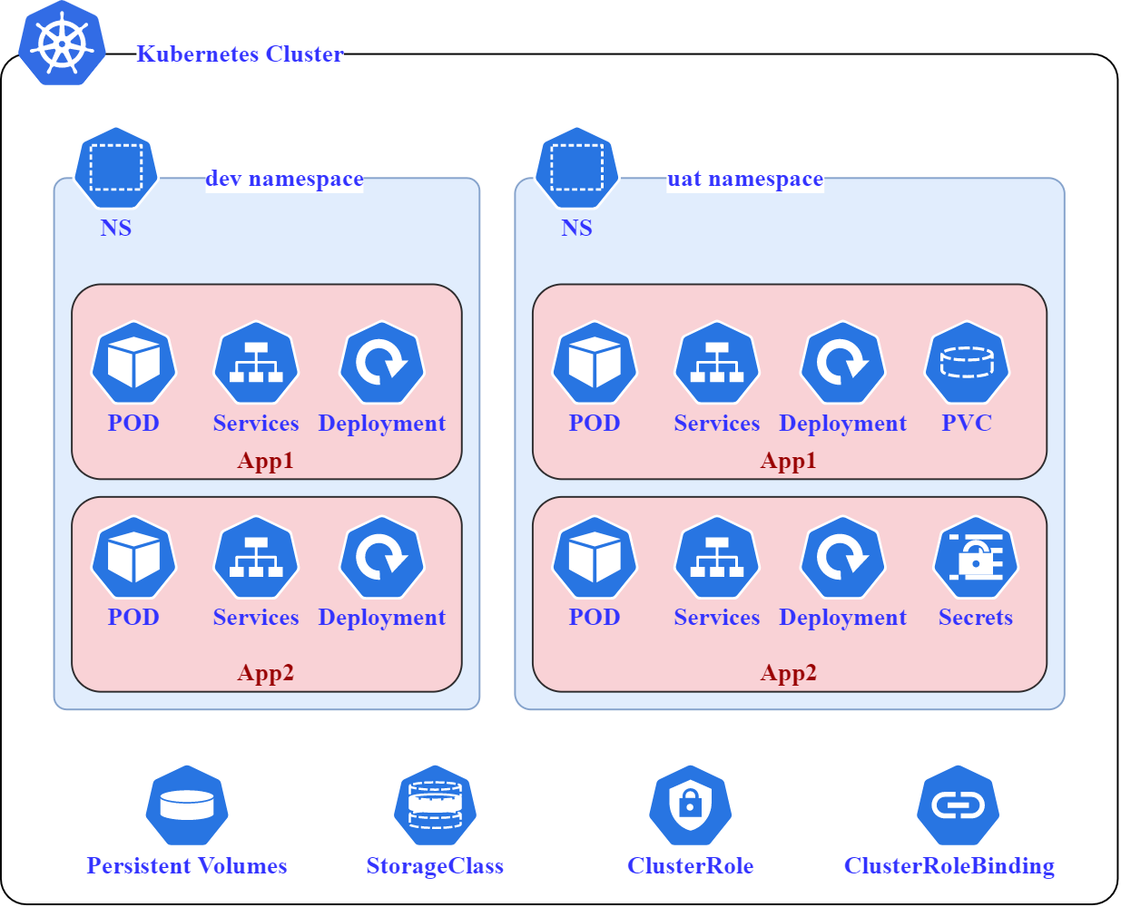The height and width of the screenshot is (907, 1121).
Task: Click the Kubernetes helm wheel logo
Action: pos(62,44)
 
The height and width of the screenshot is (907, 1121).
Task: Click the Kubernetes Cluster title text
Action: pos(240,54)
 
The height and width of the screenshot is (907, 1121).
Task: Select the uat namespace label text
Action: pos(744,179)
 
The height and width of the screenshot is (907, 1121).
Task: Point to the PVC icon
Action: pos(967,363)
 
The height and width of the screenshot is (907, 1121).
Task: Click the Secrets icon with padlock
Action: pos(976,558)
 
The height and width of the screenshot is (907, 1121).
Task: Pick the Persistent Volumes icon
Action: pos(187,805)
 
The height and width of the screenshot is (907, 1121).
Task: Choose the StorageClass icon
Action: pos(435,805)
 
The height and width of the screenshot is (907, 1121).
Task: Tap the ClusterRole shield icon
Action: pos(690,805)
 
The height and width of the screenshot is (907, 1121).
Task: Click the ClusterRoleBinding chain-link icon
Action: pos(958,805)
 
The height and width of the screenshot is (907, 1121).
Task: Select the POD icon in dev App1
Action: pos(133,363)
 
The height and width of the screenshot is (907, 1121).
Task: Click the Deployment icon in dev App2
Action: pos(382,558)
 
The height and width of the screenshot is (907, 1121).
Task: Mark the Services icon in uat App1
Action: pos(717,363)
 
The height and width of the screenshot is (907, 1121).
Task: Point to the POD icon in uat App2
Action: pos(595,558)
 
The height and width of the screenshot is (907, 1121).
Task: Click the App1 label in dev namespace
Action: pos(265,461)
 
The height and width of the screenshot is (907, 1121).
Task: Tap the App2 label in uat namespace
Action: pos(788,673)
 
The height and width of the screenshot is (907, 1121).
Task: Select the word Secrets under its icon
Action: pos(975,618)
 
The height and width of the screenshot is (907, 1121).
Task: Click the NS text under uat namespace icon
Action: pos(576,228)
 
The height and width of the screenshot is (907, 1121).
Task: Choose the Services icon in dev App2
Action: pos(256,558)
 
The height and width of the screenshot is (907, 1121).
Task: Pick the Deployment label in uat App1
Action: pos(842,424)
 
